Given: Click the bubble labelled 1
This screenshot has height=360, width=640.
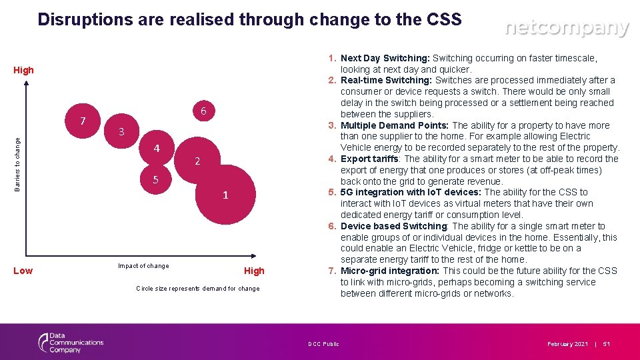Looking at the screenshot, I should (226, 195).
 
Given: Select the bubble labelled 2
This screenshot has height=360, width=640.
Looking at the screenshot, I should (197, 161).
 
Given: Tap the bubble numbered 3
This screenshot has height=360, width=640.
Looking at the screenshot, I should (121, 132).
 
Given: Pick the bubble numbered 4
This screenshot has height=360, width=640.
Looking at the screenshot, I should (157, 148).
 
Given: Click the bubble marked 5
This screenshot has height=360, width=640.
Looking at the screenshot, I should (155, 179).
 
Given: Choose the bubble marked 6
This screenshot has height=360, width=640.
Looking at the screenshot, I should (203, 111).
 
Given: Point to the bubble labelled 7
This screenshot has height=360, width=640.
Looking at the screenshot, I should (82, 121).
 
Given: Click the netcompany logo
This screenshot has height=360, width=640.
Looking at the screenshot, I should (566, 28).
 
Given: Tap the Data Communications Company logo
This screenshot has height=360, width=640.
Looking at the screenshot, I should (71, 343).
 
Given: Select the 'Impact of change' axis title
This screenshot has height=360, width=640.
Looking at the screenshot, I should (143, 266).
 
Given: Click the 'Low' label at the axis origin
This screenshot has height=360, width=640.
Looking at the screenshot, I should (23, 270).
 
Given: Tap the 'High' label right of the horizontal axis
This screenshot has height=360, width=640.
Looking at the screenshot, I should (254, 271).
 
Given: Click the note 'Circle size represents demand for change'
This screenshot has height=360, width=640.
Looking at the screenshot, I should (197, 289).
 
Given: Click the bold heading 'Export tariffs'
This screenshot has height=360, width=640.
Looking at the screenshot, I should (370, 159).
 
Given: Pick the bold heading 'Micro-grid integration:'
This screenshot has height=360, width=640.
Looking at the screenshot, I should (390, 271).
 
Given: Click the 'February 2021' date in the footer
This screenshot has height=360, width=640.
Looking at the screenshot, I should (567, 344).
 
